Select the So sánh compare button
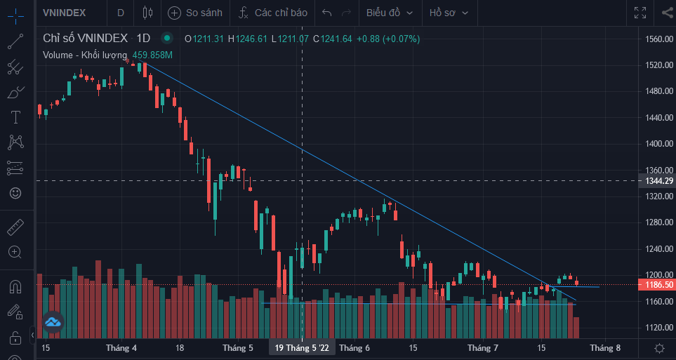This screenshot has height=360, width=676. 196,13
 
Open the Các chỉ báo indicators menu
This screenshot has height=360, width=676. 273,13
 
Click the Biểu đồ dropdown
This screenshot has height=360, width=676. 390,13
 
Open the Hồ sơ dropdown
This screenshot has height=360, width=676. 449,13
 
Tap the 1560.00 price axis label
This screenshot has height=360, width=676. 658,39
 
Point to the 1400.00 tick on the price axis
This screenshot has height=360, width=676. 658,144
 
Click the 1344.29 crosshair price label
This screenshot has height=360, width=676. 658,181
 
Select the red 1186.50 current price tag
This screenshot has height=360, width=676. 656,285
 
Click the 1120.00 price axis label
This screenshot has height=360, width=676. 658,328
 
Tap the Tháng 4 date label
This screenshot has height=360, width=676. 121,348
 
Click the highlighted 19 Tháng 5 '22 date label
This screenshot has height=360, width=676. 301,348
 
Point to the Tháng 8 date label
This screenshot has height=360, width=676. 605,348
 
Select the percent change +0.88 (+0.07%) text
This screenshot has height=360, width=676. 388,39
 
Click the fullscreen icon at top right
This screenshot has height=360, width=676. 640,13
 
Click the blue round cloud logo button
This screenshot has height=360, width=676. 53,322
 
